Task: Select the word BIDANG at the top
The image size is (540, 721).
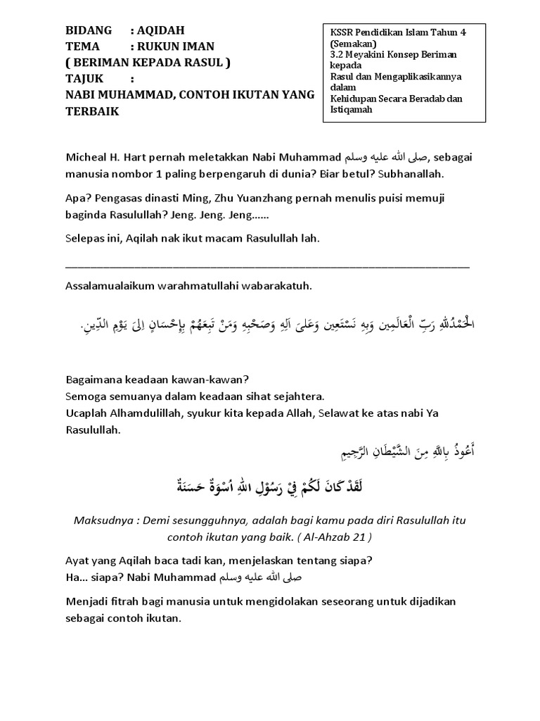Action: coord(89,31)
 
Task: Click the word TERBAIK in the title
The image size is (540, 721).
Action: coord(92,111)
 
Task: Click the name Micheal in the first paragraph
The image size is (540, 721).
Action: coord(86,156)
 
